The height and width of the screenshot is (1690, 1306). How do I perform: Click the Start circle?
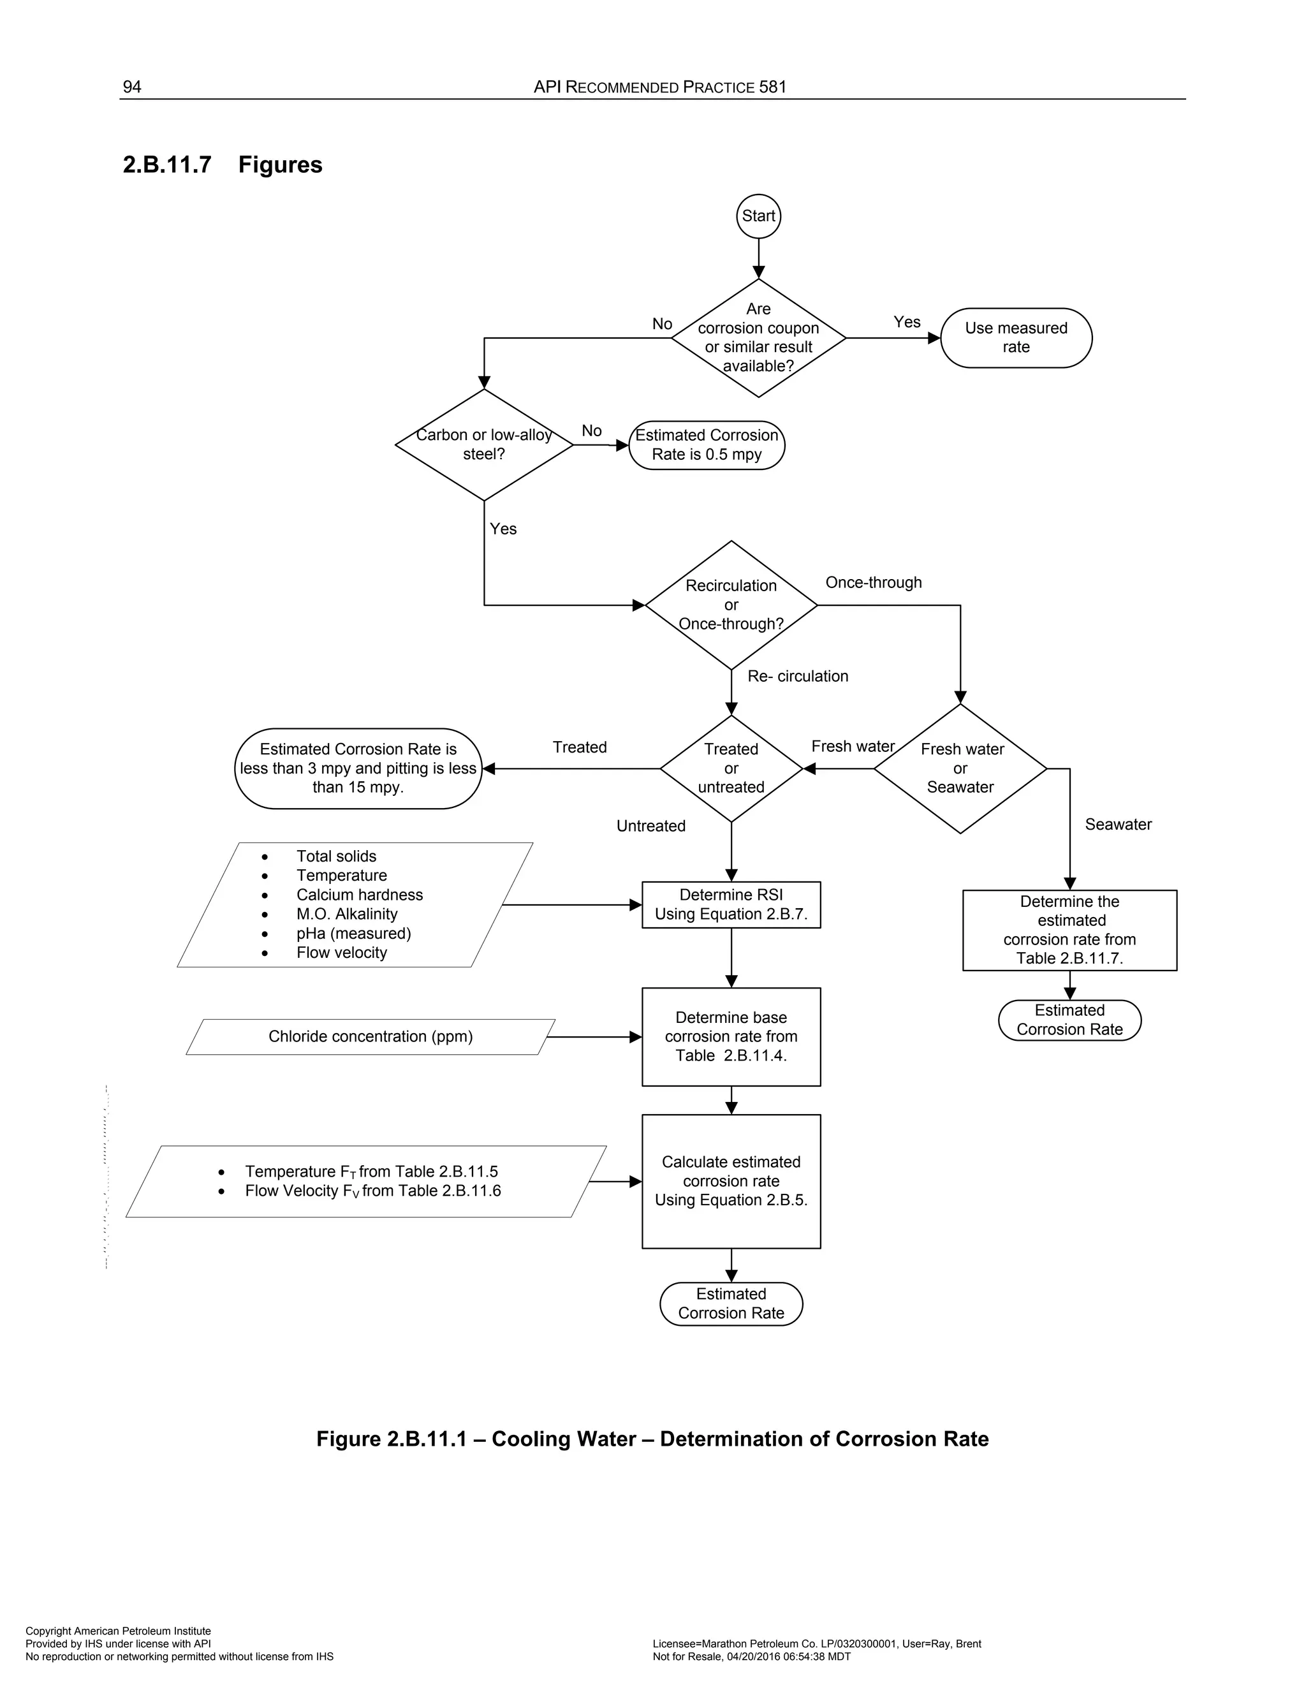pos(758,216)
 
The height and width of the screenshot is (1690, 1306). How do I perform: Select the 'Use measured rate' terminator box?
pos(1016,338)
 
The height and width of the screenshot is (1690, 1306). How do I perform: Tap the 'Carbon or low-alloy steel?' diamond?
pos(483,445)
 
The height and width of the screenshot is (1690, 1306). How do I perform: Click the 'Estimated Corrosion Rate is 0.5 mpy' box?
pos(707,445)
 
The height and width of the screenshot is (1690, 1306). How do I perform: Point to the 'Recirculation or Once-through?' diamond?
pos(731,605)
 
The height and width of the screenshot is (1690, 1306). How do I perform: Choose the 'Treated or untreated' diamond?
pos(731,768)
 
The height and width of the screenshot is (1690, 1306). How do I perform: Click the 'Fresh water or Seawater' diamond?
pos(960,768)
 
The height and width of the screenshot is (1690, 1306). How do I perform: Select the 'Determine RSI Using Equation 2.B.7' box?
pos(731,904)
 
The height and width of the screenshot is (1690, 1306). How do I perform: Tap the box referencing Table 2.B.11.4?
pos(731,1037)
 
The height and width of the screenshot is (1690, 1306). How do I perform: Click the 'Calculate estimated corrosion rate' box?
pos(731,1181)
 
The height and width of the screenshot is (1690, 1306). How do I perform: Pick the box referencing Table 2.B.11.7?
pos(1069,930)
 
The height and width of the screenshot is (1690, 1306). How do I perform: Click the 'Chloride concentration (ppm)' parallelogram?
pos(371,1037)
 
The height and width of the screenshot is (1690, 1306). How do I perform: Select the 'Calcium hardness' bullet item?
pos(359,895)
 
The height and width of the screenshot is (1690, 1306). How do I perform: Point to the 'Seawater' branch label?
pos(1118,825)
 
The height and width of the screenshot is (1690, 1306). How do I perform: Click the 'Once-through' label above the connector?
pos(874,583)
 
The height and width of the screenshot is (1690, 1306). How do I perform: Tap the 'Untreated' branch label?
pos(650,827)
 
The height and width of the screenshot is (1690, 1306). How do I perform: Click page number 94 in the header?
pos(132,87)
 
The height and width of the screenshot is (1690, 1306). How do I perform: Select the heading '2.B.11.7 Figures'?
pos(223,165)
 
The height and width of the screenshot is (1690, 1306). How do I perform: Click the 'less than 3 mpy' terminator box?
pos(358,768)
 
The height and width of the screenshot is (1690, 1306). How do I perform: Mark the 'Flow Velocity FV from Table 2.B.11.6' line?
pos(373,1191)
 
